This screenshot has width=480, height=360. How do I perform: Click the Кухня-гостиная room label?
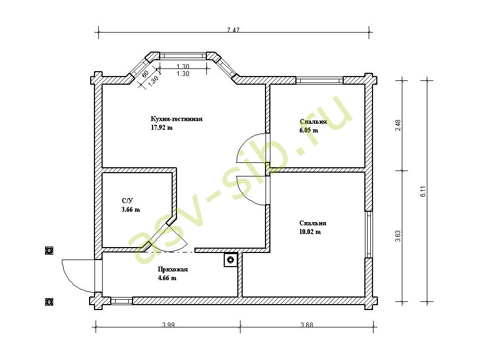[x=176, y=119]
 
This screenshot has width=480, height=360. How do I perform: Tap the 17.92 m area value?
[x=162, y=128]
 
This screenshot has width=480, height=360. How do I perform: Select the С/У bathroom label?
[x=128, y=201]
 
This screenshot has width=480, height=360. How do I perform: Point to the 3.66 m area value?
[x=131, y=210]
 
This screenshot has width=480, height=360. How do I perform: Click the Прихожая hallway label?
[x=173, y=270]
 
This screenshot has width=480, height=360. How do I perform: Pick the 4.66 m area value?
[x=167, y=278]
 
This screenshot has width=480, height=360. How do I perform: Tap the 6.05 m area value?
[x=309, y=130]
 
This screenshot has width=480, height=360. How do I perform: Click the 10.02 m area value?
[x=310, y=232]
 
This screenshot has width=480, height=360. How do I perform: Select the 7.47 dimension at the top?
[x=233, y=30]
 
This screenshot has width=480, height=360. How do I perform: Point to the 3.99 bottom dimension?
[x=168, y=325]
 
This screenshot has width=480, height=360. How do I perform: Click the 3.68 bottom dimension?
[x=307, y=325]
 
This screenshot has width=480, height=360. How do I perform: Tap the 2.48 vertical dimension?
[x=398, y=125]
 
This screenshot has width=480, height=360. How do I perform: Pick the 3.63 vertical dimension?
[x=398, y=236]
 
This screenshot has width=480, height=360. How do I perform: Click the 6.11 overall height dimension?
[x=423, y=191]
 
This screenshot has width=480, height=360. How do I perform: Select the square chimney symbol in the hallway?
[x=231, y=260]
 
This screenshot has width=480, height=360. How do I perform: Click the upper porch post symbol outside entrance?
[x=49, y=251]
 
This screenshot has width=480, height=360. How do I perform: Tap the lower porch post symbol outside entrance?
[x=49, y=301]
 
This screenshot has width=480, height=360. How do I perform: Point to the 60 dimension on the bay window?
[x=145, y=74]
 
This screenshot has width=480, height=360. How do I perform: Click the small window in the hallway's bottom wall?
[x=121, y=301]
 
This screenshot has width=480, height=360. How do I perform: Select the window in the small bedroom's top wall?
[x=320, y=80]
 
